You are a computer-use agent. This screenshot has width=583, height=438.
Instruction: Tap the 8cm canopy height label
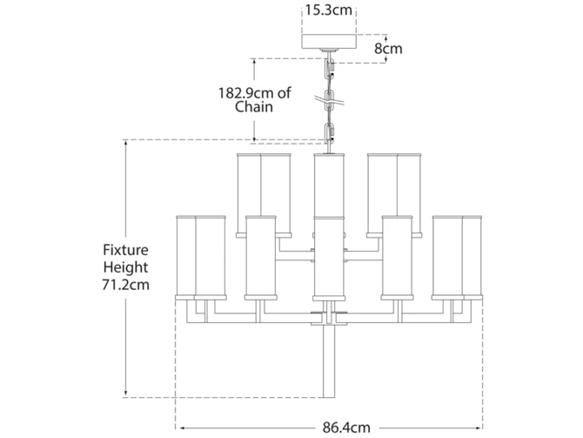388,48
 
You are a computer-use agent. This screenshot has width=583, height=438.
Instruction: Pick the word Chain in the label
254,108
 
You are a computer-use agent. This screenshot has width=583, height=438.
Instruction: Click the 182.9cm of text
254,91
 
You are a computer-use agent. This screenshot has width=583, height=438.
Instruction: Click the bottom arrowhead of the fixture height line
127,395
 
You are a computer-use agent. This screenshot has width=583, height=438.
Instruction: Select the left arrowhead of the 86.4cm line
178,428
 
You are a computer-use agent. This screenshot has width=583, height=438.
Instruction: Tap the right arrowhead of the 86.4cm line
481,428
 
